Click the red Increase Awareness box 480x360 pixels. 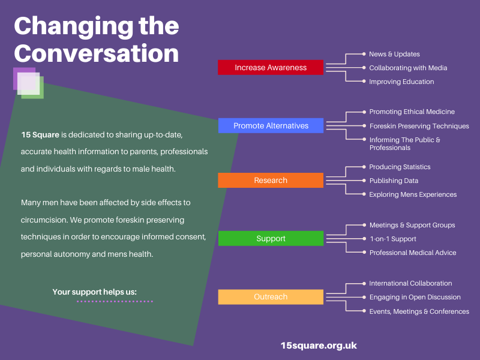pos(271,67)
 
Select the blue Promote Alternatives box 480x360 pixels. pos(271,125)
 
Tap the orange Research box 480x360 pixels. pos(271,181)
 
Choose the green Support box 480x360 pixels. pos(271,238)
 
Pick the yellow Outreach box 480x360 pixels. pos(271,297)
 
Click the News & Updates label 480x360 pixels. pos(394,54)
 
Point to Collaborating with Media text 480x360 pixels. pos(408,68)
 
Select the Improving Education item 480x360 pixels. pos(401,82)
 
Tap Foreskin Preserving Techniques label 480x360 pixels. pos(419,126)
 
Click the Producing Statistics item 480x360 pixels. pos(400,167)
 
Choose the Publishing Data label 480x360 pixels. pos(394,181)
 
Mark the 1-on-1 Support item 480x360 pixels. pos(393,239)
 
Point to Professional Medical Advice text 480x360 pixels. pos(413,253)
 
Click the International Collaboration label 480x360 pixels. pos(410,283)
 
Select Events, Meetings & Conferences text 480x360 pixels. pos(419,311)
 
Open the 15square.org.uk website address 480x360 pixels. pos(319,346)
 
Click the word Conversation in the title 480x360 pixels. pos(97,53)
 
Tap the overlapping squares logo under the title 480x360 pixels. pos(28,83)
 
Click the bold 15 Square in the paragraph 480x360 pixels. pos(40,134)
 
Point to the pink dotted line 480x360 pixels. pos(115,302)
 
